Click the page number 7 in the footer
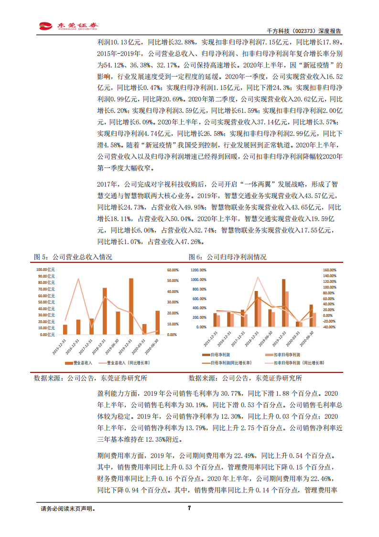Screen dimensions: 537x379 [189, 508]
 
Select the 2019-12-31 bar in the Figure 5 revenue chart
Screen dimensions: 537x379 [131, 306]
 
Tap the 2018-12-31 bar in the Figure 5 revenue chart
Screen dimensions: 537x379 [105, 311]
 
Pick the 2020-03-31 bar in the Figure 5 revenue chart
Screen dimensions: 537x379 [144, 329]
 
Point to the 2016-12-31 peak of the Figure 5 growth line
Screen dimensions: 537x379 [78, 279]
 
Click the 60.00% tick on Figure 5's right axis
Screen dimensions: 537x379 [172, 270]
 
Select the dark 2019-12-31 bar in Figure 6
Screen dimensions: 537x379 [283, 303]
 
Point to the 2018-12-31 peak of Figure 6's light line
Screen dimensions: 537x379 [258, 277]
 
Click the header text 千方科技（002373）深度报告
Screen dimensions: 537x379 [309, 30]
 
